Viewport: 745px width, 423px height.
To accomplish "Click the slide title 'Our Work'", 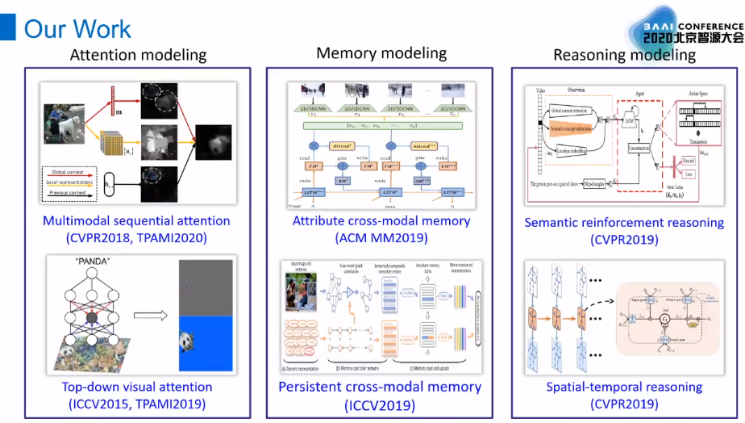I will [x=77, y=28].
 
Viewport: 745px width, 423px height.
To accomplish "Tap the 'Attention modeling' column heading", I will [x=138, y=55].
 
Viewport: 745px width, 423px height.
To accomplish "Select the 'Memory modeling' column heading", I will [x=381, y=53].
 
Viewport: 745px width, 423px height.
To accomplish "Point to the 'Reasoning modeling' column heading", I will [x=624, y=55].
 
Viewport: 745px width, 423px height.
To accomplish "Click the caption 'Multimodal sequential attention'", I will [x=137, y=220].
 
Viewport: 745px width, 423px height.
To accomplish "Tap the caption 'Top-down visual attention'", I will [x=137, y=387].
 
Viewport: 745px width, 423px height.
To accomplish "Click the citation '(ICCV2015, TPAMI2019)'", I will [x=137, y=404].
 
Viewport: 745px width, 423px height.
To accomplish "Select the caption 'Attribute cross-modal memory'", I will [x=381, y=220].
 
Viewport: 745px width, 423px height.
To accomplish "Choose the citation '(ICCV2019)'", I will [x=381, y=404].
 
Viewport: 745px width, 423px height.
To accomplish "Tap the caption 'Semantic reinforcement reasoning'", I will [x=625, y=222].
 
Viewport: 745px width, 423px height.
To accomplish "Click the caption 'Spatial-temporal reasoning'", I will [x=625, y=387].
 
